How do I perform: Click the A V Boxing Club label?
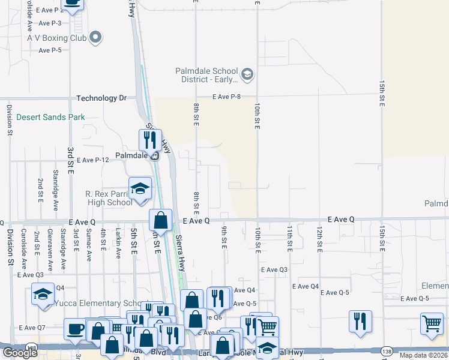[57, 37]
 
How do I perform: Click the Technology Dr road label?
[101, 98]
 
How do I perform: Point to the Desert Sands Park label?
[51, 117]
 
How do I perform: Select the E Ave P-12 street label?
[93, 160]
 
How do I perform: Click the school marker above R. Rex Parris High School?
[140, 188]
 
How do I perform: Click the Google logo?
[20, 353]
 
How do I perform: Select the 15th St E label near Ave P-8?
[381, 94]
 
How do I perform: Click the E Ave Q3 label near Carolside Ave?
[30, 275]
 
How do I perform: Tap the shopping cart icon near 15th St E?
[432, 324]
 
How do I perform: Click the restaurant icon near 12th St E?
[360, 320]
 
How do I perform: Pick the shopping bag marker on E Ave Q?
[160, 220]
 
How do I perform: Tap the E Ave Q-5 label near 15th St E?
[415, 298]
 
